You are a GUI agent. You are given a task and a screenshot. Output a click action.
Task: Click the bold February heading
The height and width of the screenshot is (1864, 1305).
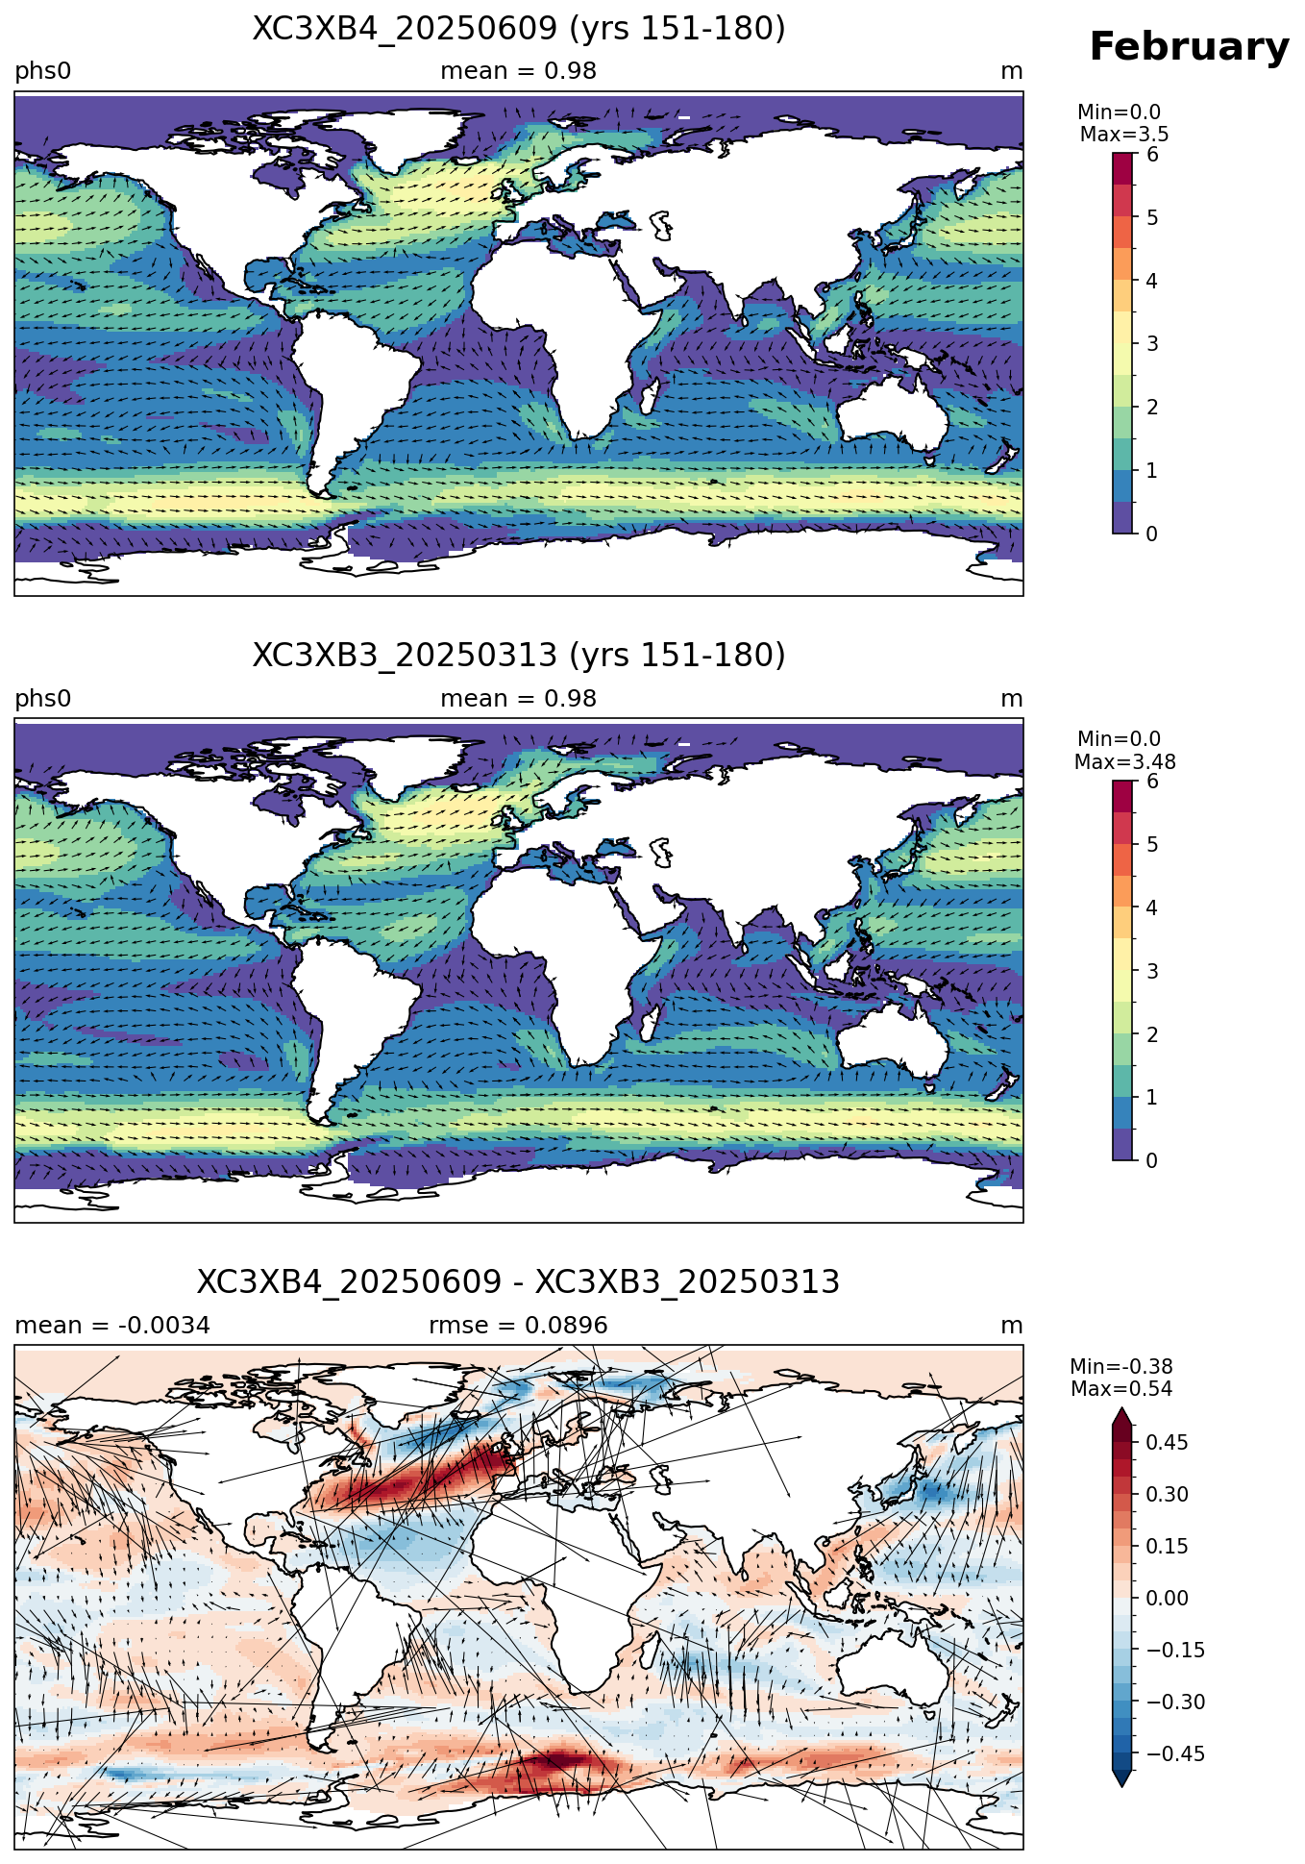click(1189, 47)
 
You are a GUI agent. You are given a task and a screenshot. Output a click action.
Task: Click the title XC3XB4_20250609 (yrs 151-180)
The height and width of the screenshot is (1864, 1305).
click(519, 29)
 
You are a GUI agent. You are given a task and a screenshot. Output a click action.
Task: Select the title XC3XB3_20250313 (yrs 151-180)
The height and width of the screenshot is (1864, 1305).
click(519, 656)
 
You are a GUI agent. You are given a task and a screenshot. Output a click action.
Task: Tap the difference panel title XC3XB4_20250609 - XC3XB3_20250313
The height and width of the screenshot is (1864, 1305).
click(519, 1282)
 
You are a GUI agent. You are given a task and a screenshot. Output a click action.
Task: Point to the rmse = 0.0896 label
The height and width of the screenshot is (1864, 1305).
click(519, 1326)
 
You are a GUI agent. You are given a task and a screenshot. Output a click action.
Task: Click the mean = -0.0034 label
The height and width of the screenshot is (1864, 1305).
click(112, 1326)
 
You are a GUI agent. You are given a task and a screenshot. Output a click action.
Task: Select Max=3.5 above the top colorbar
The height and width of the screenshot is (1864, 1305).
click(1124, 135)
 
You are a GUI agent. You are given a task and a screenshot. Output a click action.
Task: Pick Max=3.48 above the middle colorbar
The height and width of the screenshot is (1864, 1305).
click(1124, 762)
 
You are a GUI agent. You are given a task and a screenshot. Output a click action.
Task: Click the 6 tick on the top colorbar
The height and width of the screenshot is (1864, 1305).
click(1152, 155)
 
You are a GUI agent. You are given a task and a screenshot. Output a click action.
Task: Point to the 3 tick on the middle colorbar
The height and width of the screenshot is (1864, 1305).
click(1152, 971)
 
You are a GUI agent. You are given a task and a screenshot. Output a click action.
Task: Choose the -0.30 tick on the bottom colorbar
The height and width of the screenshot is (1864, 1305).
click(1168, 1702)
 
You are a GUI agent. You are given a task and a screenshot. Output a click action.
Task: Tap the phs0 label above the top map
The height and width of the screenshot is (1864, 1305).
click(43, 72)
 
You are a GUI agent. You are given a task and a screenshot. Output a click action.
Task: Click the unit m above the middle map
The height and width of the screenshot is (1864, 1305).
click(1012, 699)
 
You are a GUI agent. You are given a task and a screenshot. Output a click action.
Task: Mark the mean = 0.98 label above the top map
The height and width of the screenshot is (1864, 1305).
click(519, 71)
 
